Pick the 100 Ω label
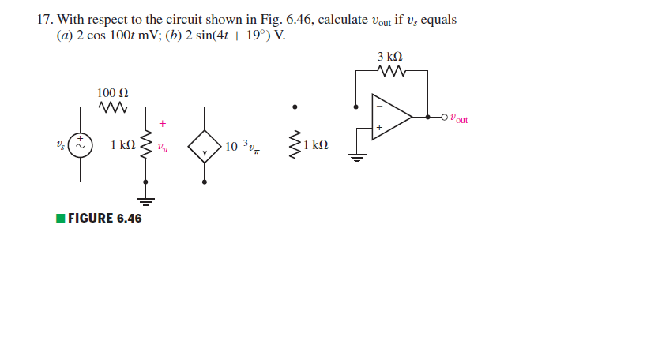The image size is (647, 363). pos(111,93)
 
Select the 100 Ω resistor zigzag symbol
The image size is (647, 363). pos(111,107)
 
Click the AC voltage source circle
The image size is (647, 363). pos(80,145)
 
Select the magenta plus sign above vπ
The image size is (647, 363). pos(163,123)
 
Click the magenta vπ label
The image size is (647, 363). pos(163,146)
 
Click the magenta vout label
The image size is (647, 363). pos(458,119)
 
